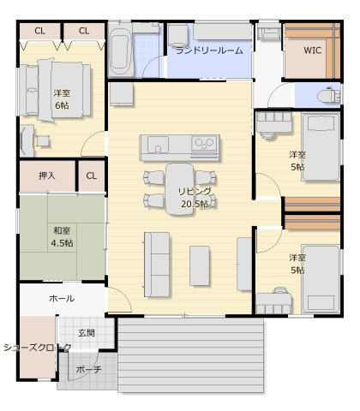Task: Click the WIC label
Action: (x=313, y=50)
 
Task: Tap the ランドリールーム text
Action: (x=209, y=51)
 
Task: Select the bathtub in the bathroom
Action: (x=121, y=51)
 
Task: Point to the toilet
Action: (x=328, y=94)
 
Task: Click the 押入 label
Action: (x=47, y=176)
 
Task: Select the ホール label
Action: (x=61, y=299)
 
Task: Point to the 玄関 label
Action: (x=87, y=332)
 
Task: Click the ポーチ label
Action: (x=88, y=370)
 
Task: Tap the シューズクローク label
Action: (x=34, y=348)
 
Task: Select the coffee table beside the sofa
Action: (x=200, y=265)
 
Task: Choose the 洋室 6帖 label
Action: (x=62, y=98)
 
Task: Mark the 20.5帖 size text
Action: (x=194, y=205)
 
